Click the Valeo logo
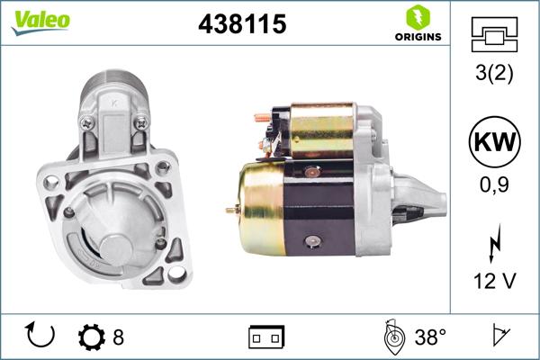click(40, 22)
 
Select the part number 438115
click(241, 25)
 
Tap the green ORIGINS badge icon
click(417, 17)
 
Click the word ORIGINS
click(418, 37)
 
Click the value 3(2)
click(494, 74)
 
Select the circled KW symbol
click(494, 143)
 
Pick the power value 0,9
click(494, 185)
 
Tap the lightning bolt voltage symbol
click(494, 245)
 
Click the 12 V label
click(494, 282)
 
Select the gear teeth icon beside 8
click(92, 337)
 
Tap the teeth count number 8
click(118, 337)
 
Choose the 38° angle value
click(431, 337)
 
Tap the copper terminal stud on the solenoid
click(258, 117)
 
